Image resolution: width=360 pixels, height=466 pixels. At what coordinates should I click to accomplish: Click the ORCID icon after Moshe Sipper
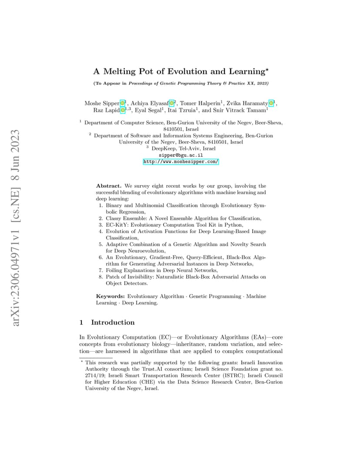click(x=123, y=103)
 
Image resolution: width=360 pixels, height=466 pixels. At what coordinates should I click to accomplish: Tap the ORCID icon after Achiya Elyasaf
click(x=172, y=103)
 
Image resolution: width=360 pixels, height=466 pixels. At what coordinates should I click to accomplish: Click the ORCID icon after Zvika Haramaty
click(x=272, y=103)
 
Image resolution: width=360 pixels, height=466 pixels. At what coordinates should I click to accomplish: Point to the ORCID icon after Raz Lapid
click(x=123, y=110)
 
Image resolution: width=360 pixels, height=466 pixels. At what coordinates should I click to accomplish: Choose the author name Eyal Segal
click(x=147, y=110)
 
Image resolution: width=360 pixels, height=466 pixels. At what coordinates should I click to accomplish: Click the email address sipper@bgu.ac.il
click(x=180, y=155)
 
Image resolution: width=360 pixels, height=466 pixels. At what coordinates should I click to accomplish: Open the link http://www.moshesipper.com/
click(x=180, y=161)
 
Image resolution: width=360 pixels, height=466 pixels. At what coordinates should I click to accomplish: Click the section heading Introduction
click(x=113, y=322)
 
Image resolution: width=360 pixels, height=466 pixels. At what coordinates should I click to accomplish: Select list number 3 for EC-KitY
click(x=101, y=225)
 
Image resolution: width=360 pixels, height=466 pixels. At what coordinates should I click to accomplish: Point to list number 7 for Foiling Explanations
click(x=101, y=270)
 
